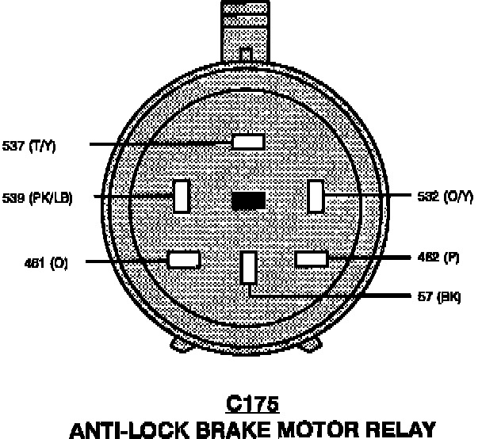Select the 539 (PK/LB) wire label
[37, 198]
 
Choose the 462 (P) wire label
[438, 257]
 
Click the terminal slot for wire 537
[247, 142]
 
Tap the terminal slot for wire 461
[184, 259]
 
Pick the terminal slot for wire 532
[316, 196]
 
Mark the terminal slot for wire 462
[311, 258]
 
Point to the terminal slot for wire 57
[249, 267]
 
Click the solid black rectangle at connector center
[247, 201]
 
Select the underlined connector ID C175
[252, 404]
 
